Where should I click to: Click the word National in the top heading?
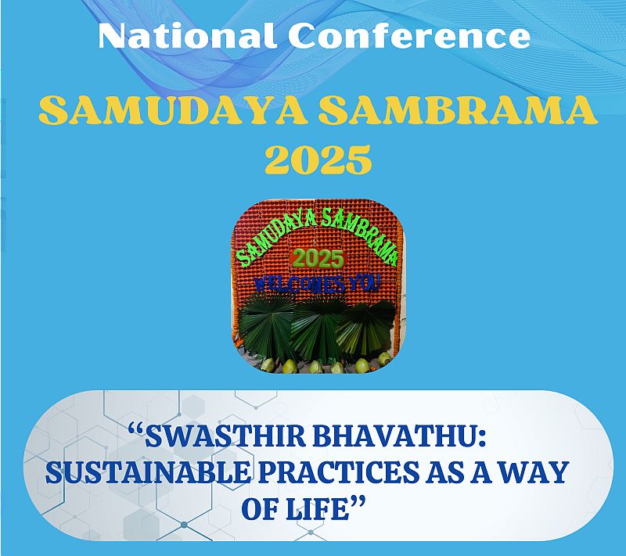pyautogui.click(x=187, y=36)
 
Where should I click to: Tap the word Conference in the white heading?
pyautogui.click(x=409, y=36)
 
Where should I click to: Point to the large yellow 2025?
pyautogui.click(x=318, y=160)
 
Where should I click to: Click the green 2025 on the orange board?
pyautogui.click(x=318, y=259)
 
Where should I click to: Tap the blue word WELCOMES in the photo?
pyautogui.click(x=299, y=284)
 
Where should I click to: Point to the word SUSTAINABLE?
pyautogui.click(x=148, y=472)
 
